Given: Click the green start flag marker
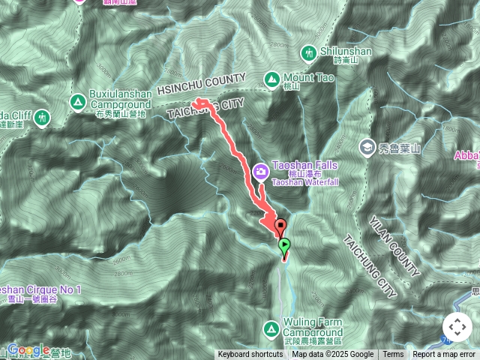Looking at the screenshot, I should coord(285,245).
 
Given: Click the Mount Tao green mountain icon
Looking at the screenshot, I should coord(271,79).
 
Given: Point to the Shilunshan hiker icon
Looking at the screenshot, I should coord(309,52).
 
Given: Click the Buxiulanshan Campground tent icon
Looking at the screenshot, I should coord(77,101).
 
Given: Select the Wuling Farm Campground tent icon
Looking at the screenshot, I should coord(271,328).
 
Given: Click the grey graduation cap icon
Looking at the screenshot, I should coord(367,145).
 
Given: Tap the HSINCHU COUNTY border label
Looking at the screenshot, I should coord(202,84).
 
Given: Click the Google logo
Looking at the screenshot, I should coord(28,349).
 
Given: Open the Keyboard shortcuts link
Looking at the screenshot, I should coord(251,355).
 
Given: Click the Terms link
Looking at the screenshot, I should coord(393,355).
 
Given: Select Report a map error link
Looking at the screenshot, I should coord(444,355).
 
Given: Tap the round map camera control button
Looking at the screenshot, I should coord(457,328).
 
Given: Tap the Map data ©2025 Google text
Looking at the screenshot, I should coord(333,355).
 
